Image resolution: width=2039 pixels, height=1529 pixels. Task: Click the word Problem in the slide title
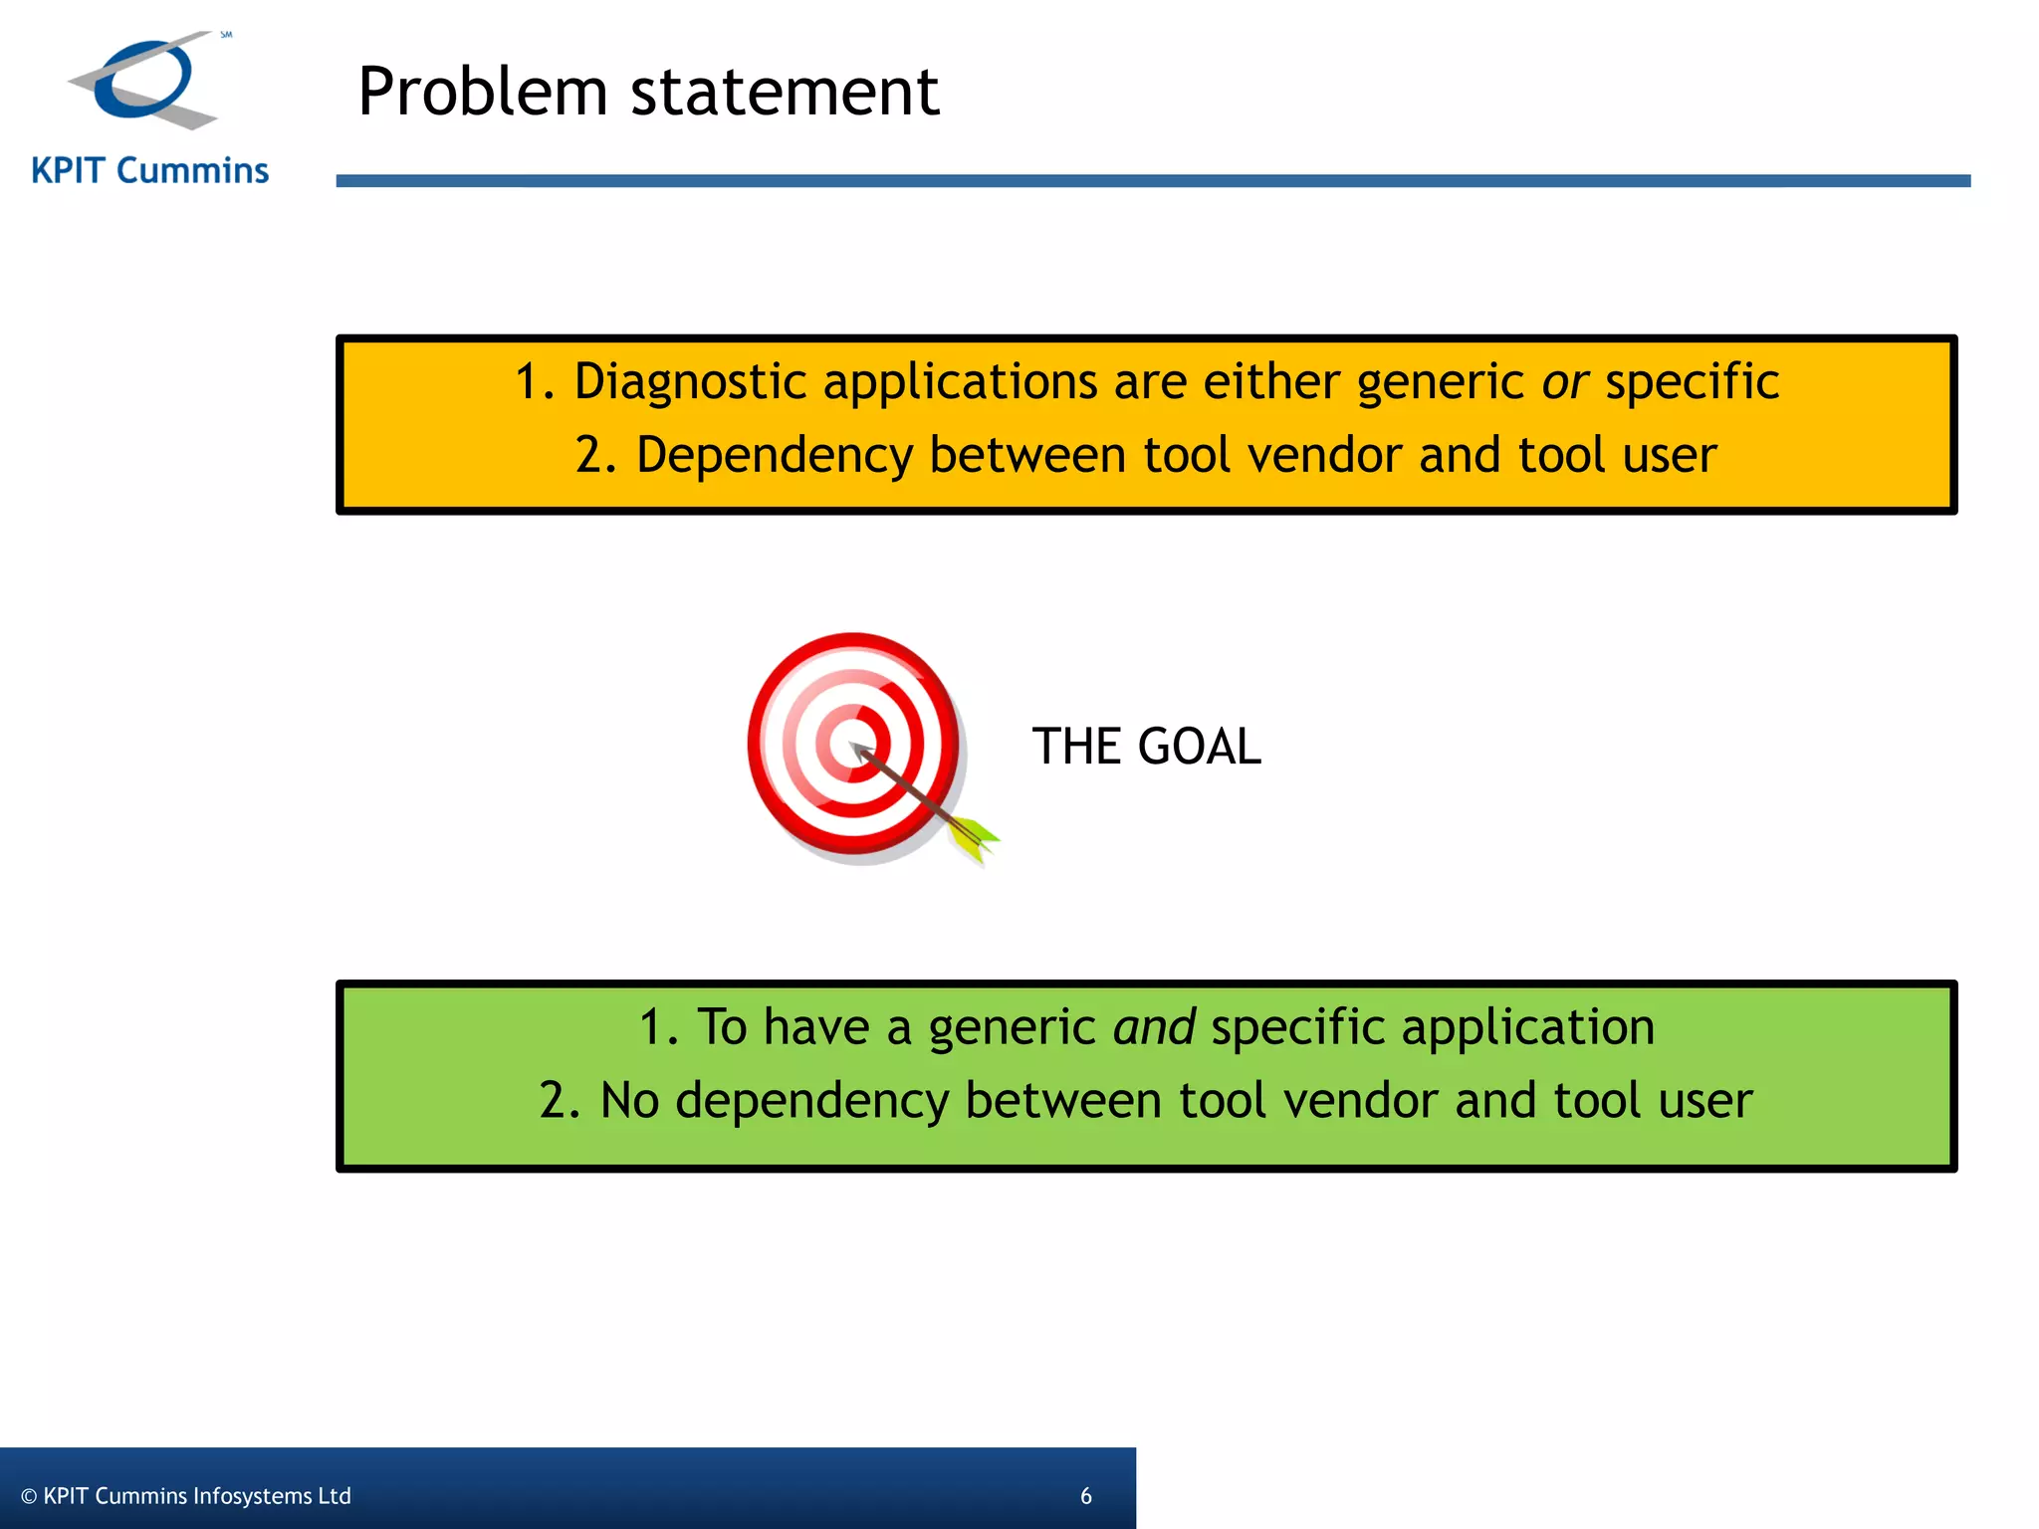(482, 92)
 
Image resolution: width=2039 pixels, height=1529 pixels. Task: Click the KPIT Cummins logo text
(149, 171)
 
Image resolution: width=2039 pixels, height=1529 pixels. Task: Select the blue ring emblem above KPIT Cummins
(145, 80)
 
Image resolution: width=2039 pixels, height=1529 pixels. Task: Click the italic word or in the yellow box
(1564, 382)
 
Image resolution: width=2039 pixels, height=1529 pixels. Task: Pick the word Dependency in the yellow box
(774, 455)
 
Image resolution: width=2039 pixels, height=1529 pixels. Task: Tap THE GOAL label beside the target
(1146, 747)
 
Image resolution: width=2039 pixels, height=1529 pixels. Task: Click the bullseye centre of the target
(851, 745)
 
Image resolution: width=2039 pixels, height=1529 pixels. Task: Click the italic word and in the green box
(1154, 1027)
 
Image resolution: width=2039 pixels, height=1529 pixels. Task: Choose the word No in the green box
(629, 1101)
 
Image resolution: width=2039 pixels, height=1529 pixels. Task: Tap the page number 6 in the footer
(1085, 1496)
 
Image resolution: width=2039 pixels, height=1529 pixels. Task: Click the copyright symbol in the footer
(29, 1496)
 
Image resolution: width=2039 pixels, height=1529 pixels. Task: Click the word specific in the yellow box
(1692, 382)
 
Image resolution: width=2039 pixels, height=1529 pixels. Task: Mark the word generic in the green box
(1012, 1027)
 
